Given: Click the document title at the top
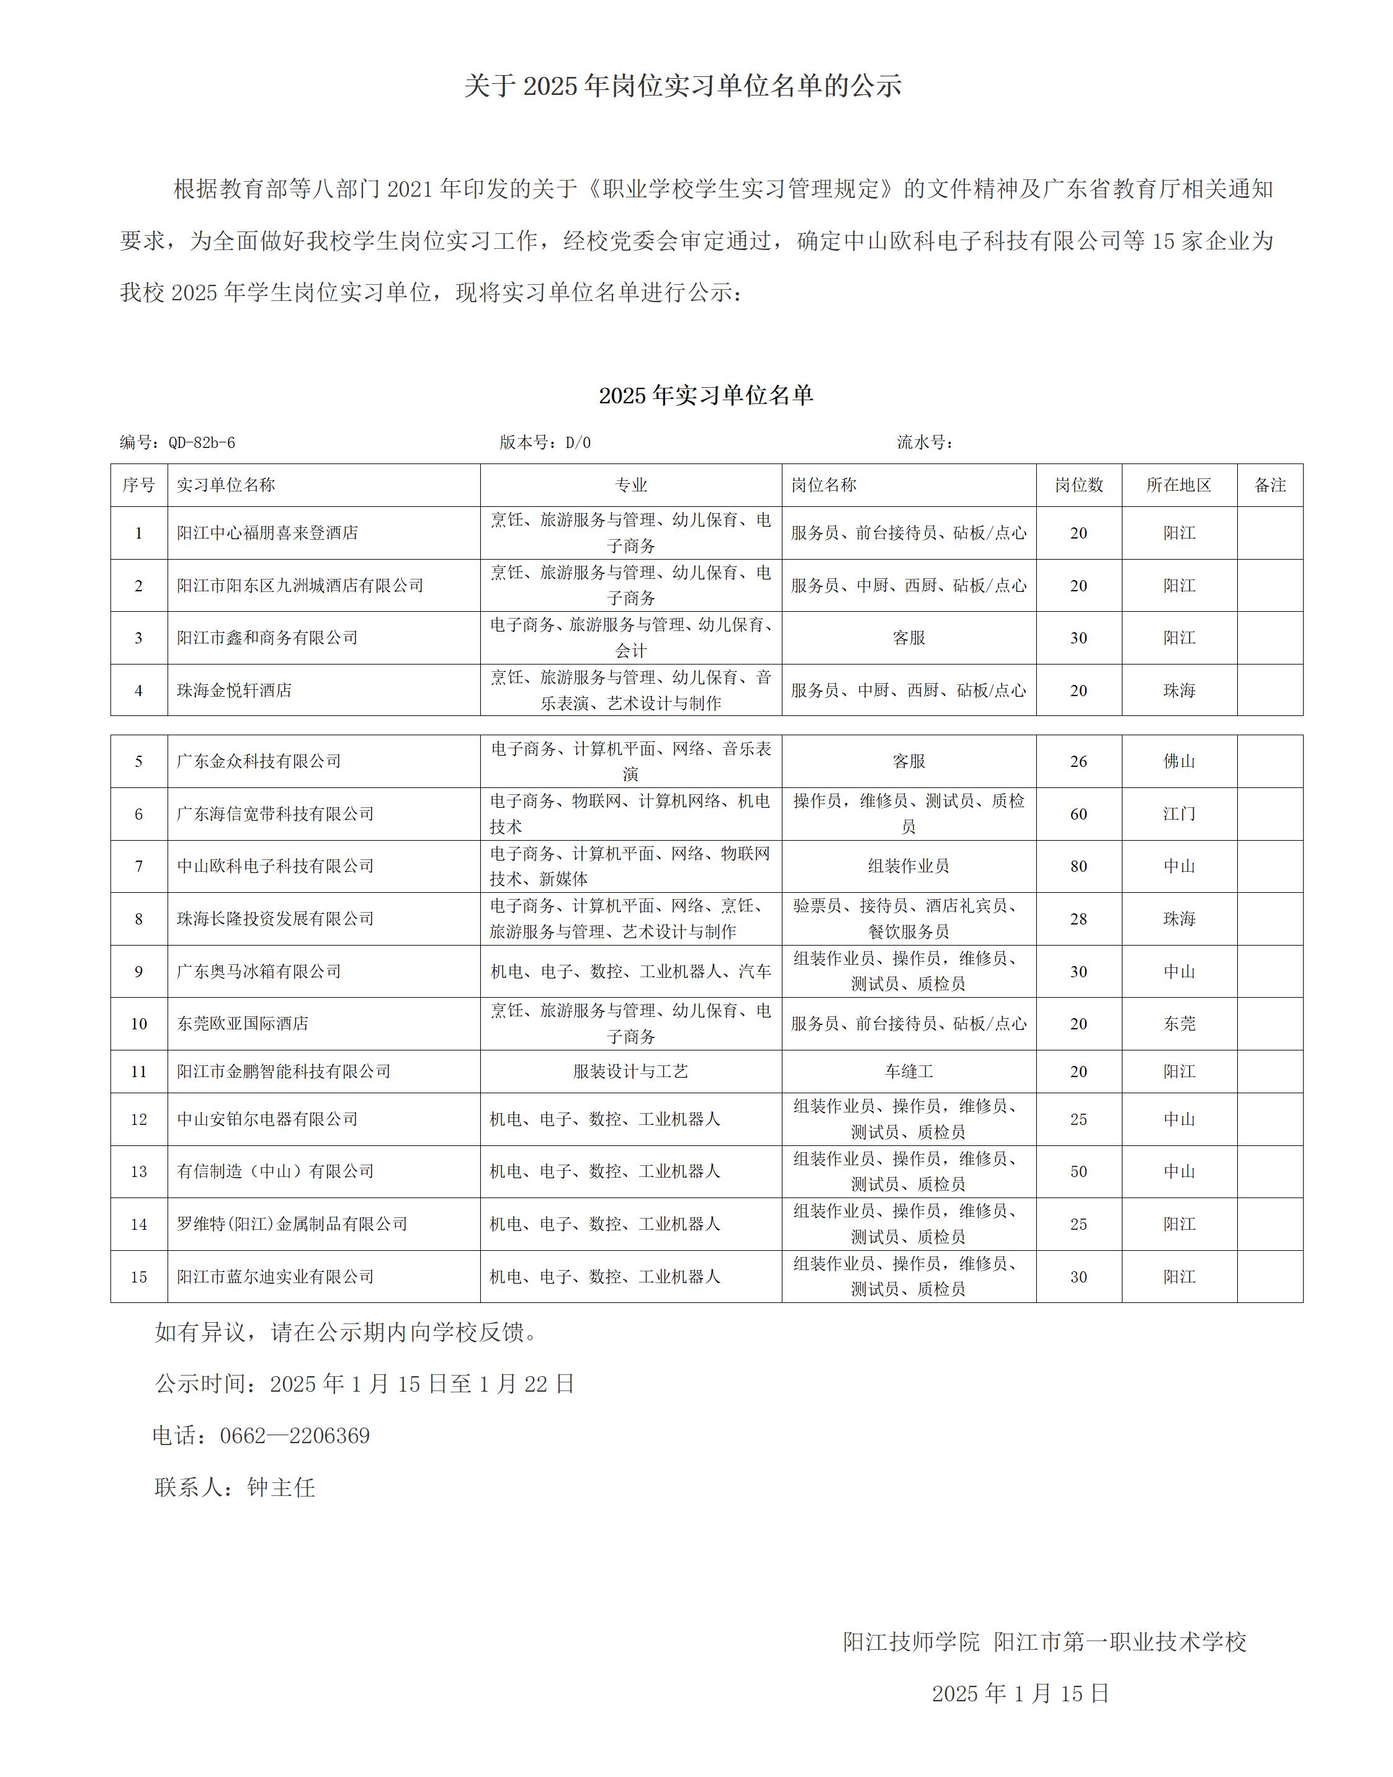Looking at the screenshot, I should pos(683,86).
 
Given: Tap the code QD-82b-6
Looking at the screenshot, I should pos(202,443).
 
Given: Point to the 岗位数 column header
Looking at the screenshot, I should pos(1078,485).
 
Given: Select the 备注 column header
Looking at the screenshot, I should pos(1270,485).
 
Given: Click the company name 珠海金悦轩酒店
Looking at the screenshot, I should pos(234,691).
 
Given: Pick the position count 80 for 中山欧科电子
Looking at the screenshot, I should pos(1078,866).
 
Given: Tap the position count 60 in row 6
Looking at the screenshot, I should pos(1078,814).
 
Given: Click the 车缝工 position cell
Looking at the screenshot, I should pos(908,1072).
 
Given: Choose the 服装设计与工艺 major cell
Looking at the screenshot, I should pos(630,1072).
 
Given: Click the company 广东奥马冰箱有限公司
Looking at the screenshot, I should pos(259,971).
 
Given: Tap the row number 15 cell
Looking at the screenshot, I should pos(138,1277).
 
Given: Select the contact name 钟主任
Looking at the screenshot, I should pos(280,1487).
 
